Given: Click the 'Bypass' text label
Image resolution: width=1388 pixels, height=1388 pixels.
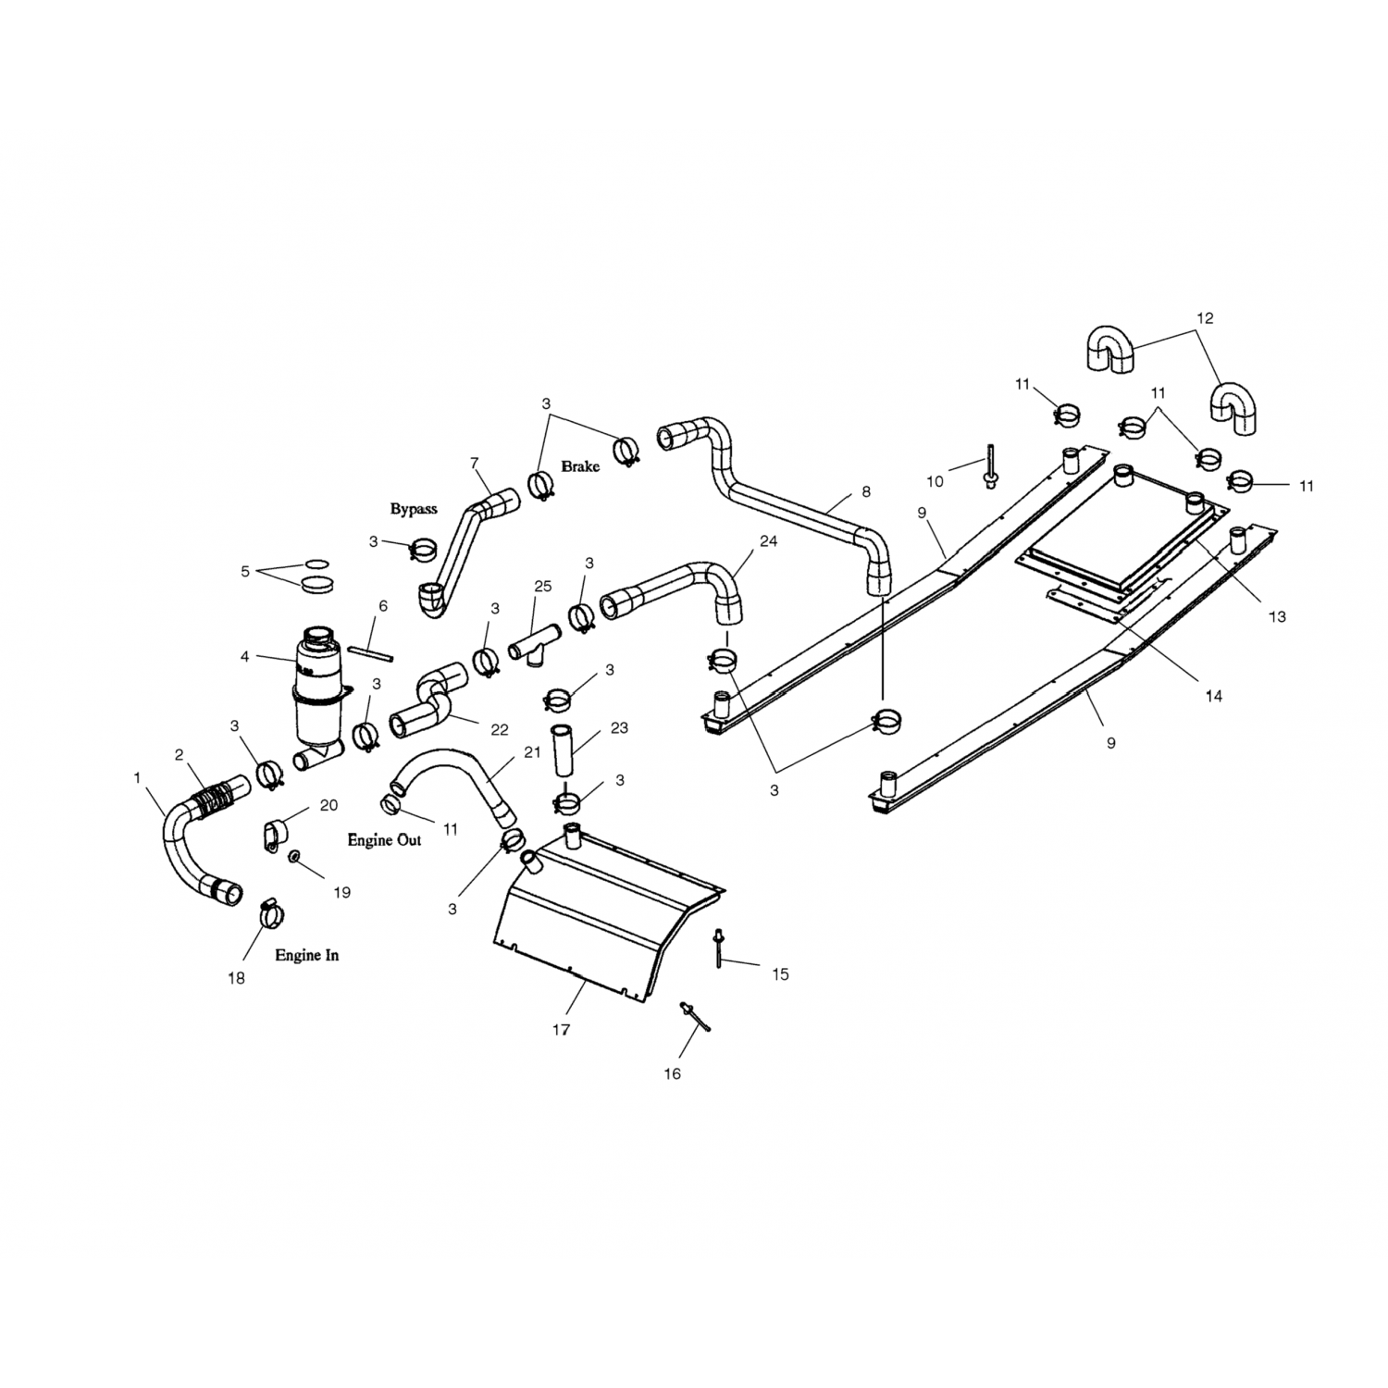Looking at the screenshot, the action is point(414,509).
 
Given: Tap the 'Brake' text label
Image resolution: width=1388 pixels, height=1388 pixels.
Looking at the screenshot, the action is point(580,466).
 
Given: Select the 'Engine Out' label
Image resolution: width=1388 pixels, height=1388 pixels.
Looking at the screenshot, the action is point(384,840).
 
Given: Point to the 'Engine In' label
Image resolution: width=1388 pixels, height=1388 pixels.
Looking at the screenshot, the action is point(306,955).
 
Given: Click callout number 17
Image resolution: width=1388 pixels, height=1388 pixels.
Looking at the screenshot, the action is point(561,1029).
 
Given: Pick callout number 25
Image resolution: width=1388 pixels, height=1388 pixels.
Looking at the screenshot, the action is point(543,587).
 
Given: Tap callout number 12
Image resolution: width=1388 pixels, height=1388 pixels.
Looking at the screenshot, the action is point(1205,318).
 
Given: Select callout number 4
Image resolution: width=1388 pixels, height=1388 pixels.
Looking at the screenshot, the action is point(245,657).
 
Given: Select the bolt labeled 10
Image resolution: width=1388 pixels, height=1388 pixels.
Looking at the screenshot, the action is point(991,467).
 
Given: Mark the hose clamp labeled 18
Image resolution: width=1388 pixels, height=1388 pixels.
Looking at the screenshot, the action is point(271,912).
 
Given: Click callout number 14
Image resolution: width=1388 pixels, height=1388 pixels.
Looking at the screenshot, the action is point(1214,696).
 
